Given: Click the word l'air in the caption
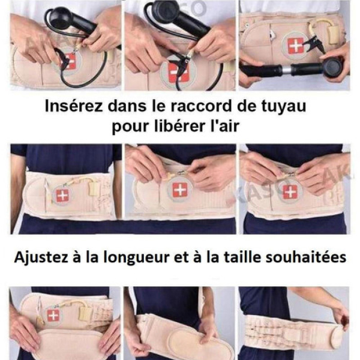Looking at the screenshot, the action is click(x=225, y=126).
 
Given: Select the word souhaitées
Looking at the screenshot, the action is click(x=306, y=257).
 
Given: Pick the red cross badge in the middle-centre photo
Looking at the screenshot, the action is click(x=180, y=190).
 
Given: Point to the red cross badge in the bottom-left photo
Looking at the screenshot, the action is click(x=53, y=316).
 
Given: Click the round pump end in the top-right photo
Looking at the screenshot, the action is click(x=334, y=67).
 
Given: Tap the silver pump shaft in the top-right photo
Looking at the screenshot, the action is click(x=286, y=68).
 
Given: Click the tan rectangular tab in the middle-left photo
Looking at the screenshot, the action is click(x=95, y=188).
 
